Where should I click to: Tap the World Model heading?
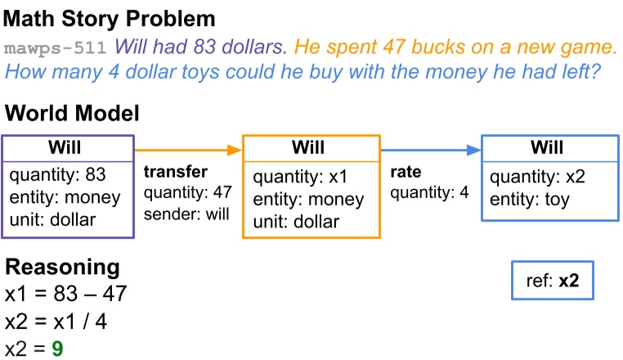pos(73,114)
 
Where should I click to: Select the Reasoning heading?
pos(63,267)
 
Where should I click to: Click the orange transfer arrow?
pos(188,150)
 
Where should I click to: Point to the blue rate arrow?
pos(430,150)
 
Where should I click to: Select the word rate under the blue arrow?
pos(405,172)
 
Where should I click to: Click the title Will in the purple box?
pos(68,147)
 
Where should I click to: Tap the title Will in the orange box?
pos(311,147)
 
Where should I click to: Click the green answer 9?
pos(56,349)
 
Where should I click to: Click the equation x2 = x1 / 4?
pos(56,322)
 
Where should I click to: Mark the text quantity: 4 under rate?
pos(428,193)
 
